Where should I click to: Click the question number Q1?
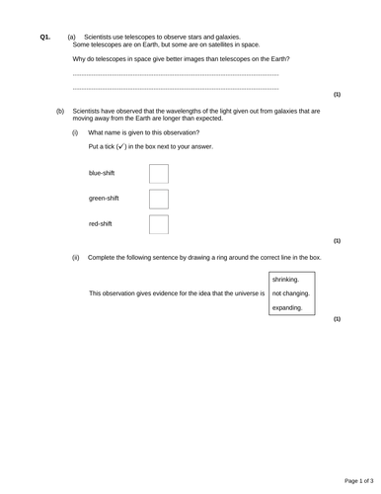(44, 37)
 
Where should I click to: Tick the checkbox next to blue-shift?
(158, 174)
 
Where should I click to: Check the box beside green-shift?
(158, 199)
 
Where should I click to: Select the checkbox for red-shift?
(158, 224)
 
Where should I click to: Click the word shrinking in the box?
(285, 280)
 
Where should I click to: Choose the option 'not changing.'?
(290, 293)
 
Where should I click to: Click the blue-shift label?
(102, 173)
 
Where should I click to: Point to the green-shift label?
(104, 199)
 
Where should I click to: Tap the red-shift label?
(101, 224)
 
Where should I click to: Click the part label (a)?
(72, 37)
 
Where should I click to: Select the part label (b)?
(60, 112)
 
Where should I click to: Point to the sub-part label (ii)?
(76, 257)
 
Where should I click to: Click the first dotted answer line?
(176, 75)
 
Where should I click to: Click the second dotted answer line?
(176, 89)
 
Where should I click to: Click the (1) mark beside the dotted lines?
(337, 95)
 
